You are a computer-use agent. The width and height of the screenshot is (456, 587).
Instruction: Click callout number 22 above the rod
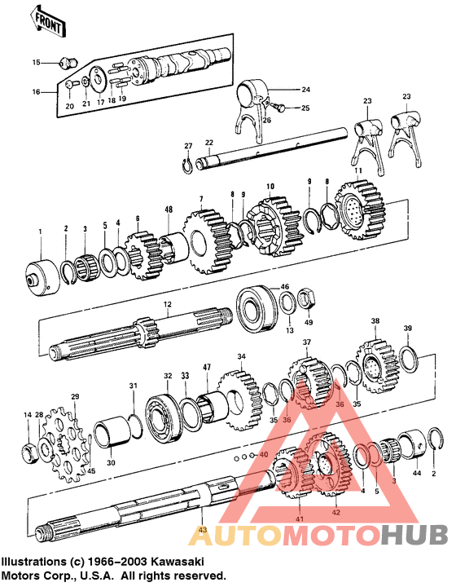click(x=208, y=143)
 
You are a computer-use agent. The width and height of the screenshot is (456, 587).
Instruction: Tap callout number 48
click(x=169, y=210)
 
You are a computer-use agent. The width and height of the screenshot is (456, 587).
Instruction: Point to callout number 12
click(x=166, y=305)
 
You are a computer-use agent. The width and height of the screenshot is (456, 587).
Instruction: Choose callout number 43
click(x=202, y=532)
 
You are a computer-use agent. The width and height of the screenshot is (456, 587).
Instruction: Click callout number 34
click(x=241, y=357)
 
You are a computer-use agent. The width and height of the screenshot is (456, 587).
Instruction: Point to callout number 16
click(x=34, y=92)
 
